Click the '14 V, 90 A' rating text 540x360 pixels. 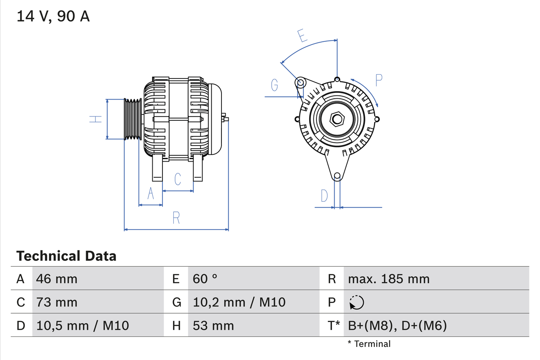tap(53, 16)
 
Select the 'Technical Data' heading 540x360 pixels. tap(66, 256)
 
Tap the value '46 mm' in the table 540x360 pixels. tap(57, 279)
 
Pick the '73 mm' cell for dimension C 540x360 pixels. tap(57, 302)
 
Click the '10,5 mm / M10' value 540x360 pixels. tap(83, 325)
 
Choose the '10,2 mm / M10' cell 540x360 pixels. tap(239, 302)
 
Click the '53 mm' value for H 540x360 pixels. tap(213, 325)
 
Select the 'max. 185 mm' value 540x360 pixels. tap(389, 279)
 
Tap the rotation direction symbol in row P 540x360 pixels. tap(356, 302)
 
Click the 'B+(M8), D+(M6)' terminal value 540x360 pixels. tap(397, 325)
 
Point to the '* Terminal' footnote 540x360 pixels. tap(369, 344)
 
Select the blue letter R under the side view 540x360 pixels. tap(176, 218)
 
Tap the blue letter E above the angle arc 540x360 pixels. tap(302, 36)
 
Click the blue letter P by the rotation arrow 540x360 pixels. tap(378, 80)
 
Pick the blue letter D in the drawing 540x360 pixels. tap(324, 196)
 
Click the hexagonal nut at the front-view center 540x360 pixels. tap(337, 119)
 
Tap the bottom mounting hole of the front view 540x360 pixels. tap(337, 176)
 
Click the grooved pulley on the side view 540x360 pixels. tap(132, 119)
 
